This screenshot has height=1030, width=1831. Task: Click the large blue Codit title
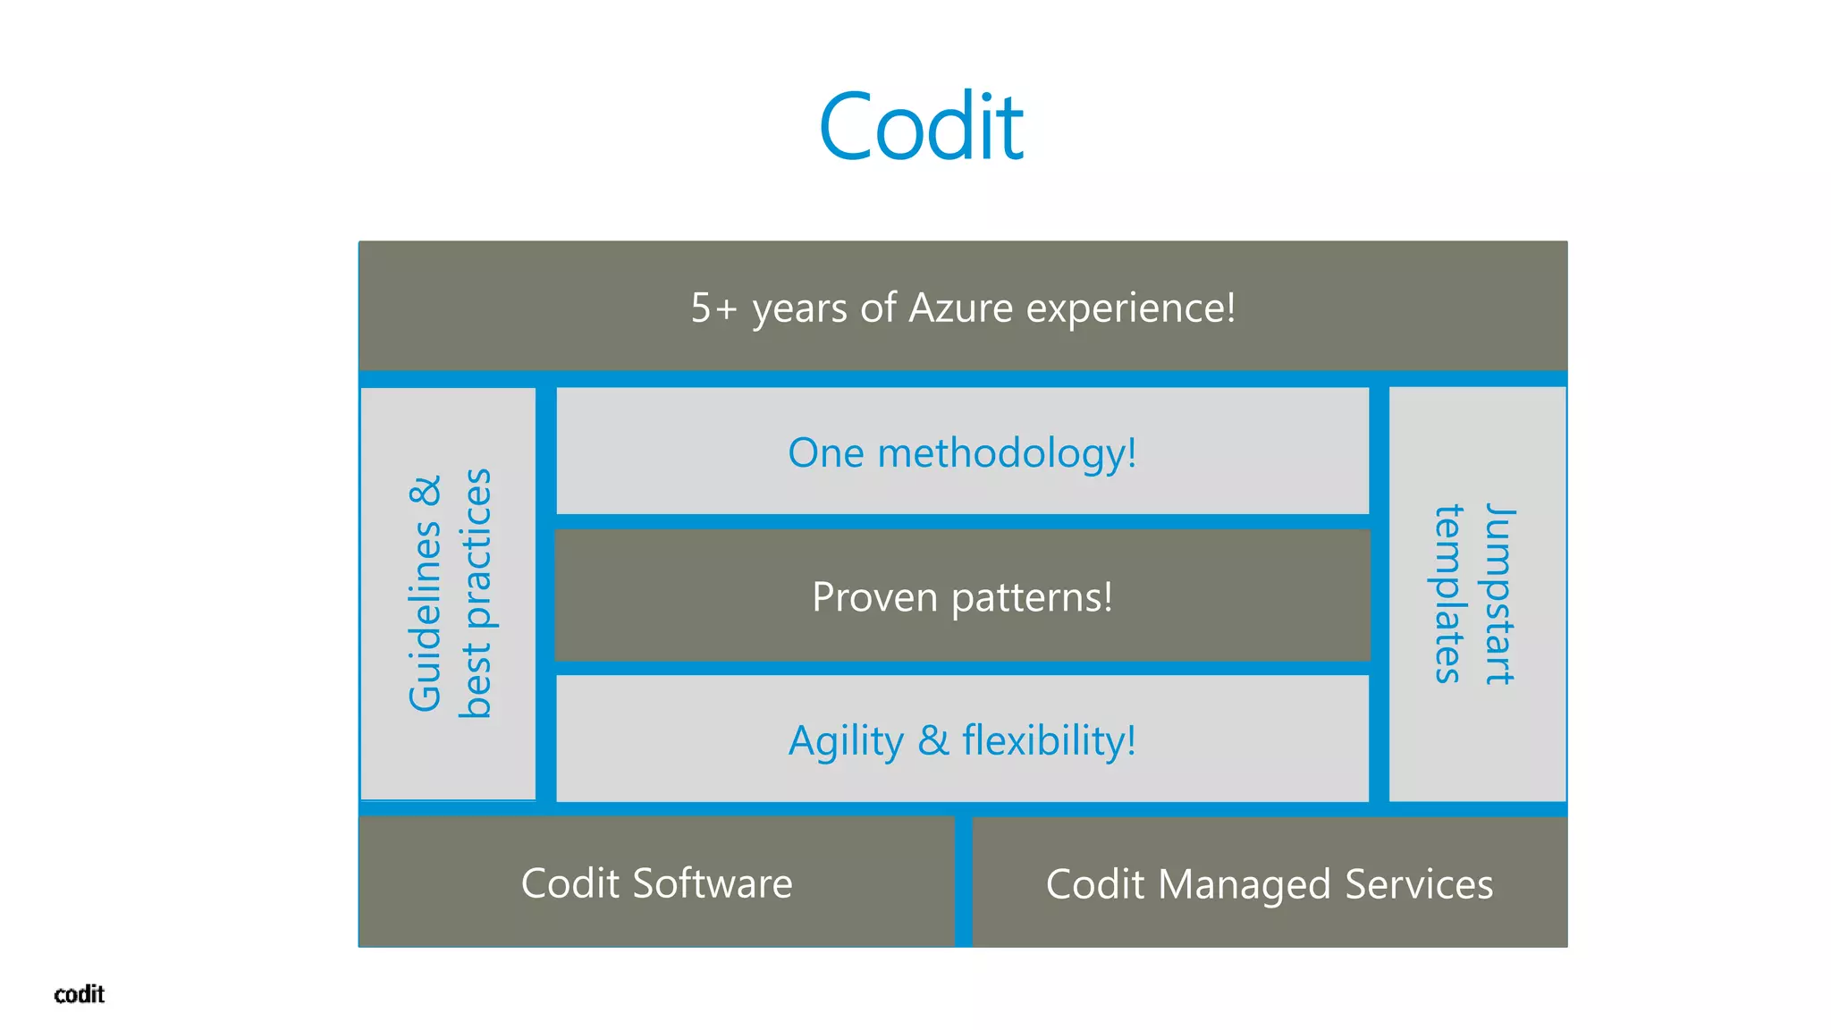click(920, 127)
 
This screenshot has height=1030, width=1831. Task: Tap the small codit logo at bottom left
click(79, 994)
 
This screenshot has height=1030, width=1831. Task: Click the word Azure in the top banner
click(960, 308)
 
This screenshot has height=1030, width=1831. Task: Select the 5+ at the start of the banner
click(713, 308)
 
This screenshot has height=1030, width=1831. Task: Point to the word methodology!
click(1007, 454)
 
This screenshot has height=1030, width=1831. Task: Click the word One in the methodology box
click(826, 453)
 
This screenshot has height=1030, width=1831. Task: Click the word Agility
click(846, 742)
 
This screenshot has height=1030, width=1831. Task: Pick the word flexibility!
click(1049, 741)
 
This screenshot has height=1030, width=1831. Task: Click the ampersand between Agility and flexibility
click(933, 741)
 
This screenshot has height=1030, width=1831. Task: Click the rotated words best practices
click(476, 593)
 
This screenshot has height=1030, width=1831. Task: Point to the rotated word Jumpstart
click(1499, 594)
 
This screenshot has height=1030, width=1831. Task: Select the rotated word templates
click(1448, 594)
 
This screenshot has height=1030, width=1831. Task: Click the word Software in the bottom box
click(712, 884)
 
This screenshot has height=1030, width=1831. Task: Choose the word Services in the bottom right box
click(1419, 884)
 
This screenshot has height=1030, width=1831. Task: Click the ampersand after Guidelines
click(426, 492)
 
